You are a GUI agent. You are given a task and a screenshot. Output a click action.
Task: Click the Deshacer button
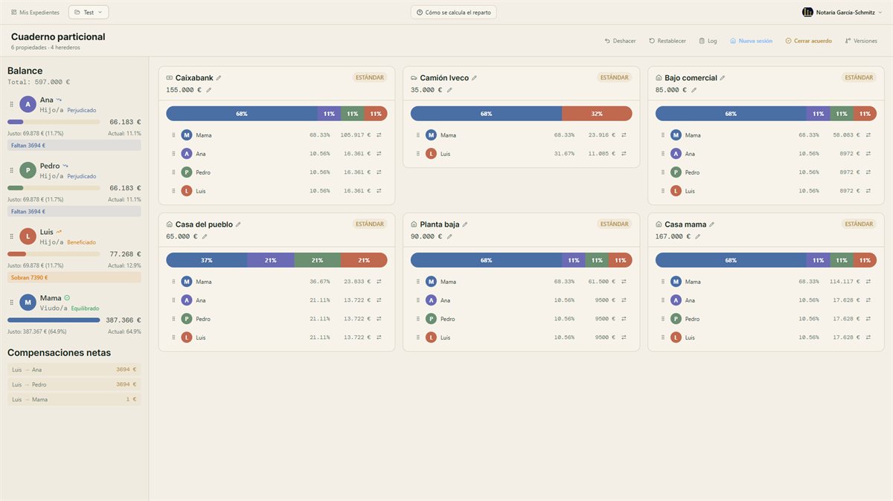[620, 41]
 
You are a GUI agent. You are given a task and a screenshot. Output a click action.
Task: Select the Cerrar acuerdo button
[808, 41]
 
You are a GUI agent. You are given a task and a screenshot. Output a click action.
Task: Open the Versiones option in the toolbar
[861, 41]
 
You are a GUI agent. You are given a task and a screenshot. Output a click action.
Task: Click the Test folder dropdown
[89, 13]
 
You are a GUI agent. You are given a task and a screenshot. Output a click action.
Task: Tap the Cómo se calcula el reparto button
[454, 13]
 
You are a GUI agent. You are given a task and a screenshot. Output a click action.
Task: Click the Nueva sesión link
[751, 41]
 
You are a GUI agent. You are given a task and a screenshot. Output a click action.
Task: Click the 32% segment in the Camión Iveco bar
[597, 114]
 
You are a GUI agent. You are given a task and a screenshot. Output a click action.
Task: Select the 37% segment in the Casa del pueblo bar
[207, 260]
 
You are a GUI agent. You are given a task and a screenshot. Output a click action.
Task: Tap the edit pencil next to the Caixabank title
[219, 78]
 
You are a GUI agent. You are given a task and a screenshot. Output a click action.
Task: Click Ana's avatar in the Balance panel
[28, 104]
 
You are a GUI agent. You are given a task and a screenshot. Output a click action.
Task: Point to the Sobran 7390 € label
[29, 277]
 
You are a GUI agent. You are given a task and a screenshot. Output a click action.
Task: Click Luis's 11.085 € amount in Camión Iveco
[601, 154]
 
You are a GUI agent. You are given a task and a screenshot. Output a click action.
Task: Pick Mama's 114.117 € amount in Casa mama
[845, 282]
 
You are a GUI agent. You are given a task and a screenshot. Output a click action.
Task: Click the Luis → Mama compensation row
[74, 399]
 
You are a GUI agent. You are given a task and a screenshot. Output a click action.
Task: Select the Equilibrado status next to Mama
[85, 308]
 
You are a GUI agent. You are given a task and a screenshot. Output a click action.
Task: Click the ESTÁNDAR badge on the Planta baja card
[615, 224]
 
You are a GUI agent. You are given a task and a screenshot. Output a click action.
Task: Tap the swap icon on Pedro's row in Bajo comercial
[868, 172]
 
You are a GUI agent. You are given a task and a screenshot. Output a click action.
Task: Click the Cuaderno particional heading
[58, 36]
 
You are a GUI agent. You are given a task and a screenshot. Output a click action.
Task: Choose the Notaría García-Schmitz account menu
[842, 13]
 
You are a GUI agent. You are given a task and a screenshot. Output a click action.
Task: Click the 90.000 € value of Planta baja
[426, 236]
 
